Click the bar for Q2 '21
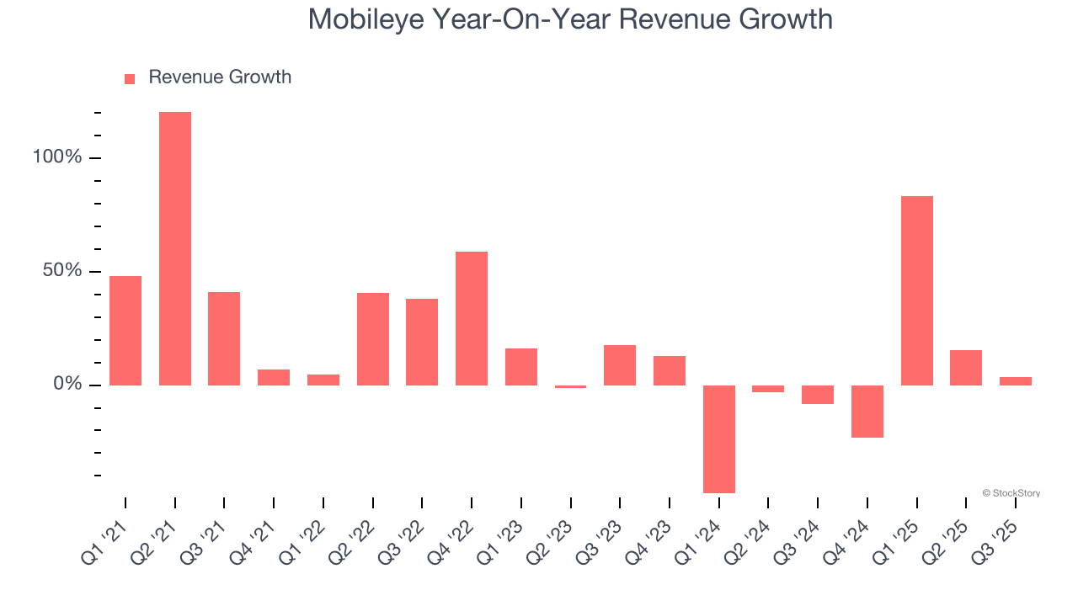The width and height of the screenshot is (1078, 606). click(x=175, y=248)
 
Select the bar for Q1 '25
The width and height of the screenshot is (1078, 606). click(x=916, y=290)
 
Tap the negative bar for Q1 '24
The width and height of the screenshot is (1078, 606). click(x=719, y=439)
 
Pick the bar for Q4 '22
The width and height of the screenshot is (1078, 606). click(x=472, y=318)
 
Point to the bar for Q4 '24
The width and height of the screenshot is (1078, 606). click(x=867, y=411)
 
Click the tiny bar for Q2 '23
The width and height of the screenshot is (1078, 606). click(x=571, y=386)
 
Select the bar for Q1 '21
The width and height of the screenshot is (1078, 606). click(x=125, y=330)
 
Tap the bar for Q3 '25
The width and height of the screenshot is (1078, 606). click(x=1016, y=381)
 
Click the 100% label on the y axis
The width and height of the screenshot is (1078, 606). click(x=58, y=157)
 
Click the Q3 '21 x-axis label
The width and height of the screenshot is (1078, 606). click(x=205, y=535)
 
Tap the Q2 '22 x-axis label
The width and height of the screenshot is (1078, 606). click(x=354, y=535)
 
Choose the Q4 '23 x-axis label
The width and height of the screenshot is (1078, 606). click(x=650, y=535)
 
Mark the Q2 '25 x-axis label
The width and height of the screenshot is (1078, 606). click(x=947, y=535)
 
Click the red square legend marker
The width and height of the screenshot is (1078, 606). click(x=130, y=79)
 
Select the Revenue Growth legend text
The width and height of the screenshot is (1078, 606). click(x=220, y=77)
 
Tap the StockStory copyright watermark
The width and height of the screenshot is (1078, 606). click(x=1011, y=493)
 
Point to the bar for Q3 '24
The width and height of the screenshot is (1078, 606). click(x=818, y=395)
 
